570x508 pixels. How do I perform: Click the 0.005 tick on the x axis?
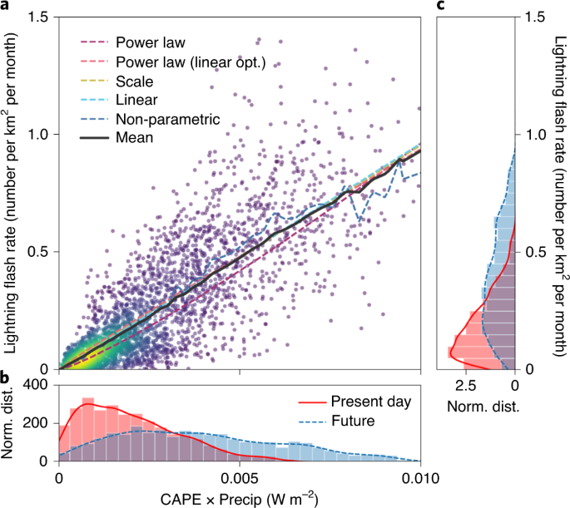pos(240,478)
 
